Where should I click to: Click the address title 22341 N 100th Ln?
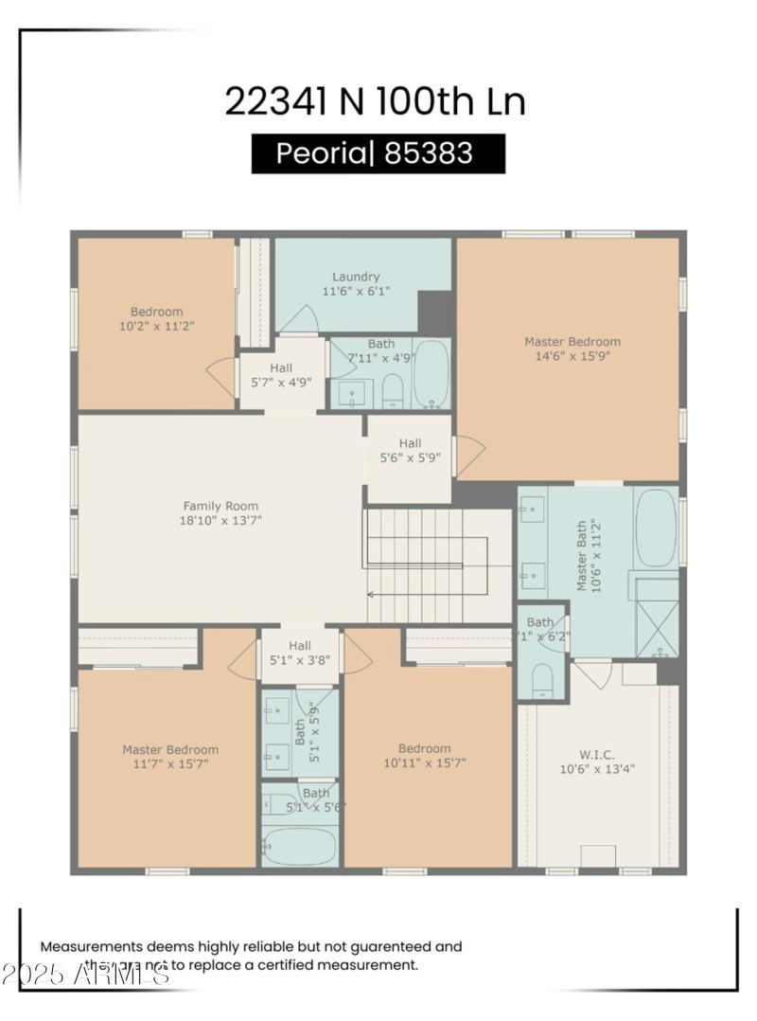pos(375,101)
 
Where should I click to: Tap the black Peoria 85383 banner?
pos(378,153)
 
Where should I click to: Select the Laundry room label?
pos(356,277)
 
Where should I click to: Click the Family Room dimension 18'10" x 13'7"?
pos(220,520)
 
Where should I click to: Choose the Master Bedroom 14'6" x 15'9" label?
pos(572,349)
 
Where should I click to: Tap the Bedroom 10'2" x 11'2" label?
pos(156,318)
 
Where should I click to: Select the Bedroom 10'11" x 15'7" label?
pos(424,755)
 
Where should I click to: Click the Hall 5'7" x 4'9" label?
pos(281,375)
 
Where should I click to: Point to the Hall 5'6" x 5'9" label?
pos(410,450)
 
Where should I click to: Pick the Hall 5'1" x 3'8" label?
pos(299,653)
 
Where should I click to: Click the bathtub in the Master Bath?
pos(655,528)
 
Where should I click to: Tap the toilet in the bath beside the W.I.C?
pos(542,680)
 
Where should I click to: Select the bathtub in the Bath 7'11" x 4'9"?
pos(432,374)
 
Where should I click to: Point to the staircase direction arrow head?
pos(371,595)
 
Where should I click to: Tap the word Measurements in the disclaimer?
pos(91,946)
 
